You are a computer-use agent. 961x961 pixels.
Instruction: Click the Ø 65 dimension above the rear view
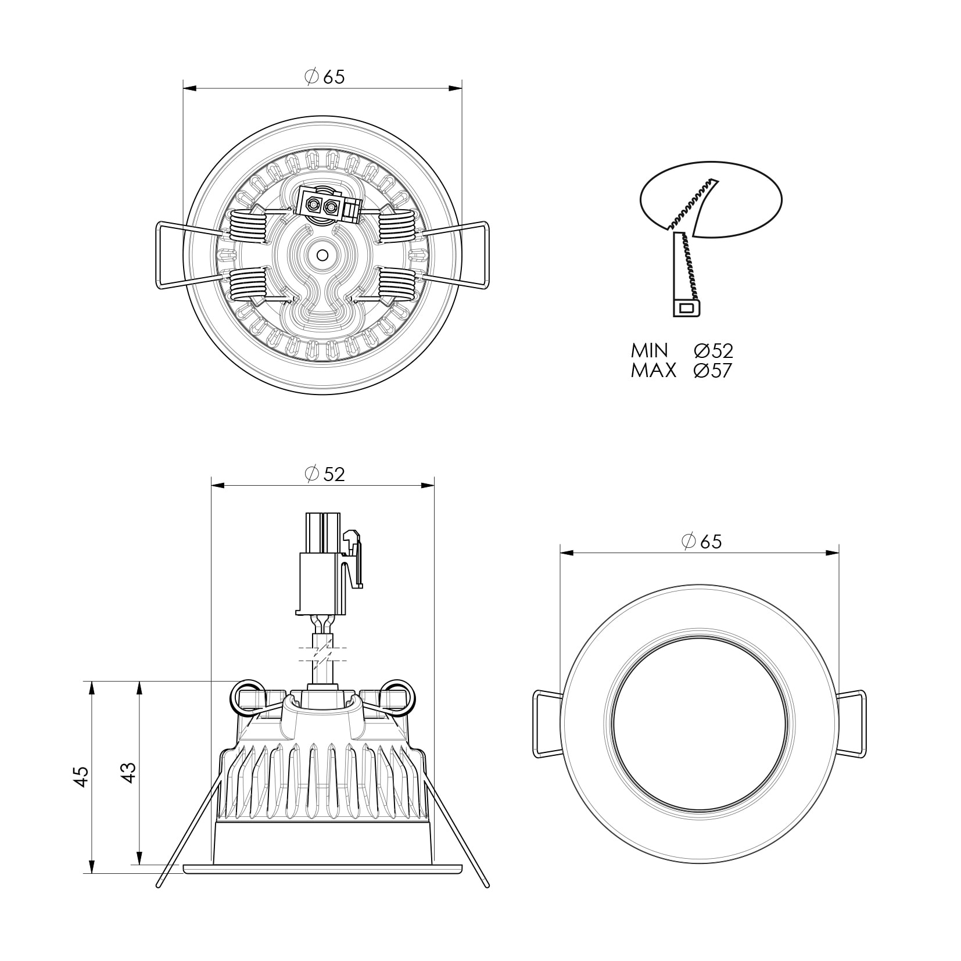coord(325,77)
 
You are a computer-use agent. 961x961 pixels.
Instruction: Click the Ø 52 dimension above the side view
coord(325,474)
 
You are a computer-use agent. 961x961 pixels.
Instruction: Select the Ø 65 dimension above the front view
coord(701,542)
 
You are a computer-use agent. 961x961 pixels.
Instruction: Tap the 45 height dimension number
coord(81,777)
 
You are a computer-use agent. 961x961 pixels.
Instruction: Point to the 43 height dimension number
coord(129,772)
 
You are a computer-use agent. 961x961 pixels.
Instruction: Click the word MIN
coord(650,350)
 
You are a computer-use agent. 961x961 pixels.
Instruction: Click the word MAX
coord(654,371)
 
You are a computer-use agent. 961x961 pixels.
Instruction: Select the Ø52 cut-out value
coord(713,350)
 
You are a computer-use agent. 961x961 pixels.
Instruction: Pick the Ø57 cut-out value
coord(713,371)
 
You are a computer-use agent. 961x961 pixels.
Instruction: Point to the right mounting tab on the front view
coord(851,723)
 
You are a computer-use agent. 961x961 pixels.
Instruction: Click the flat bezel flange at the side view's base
coord(323,884)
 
